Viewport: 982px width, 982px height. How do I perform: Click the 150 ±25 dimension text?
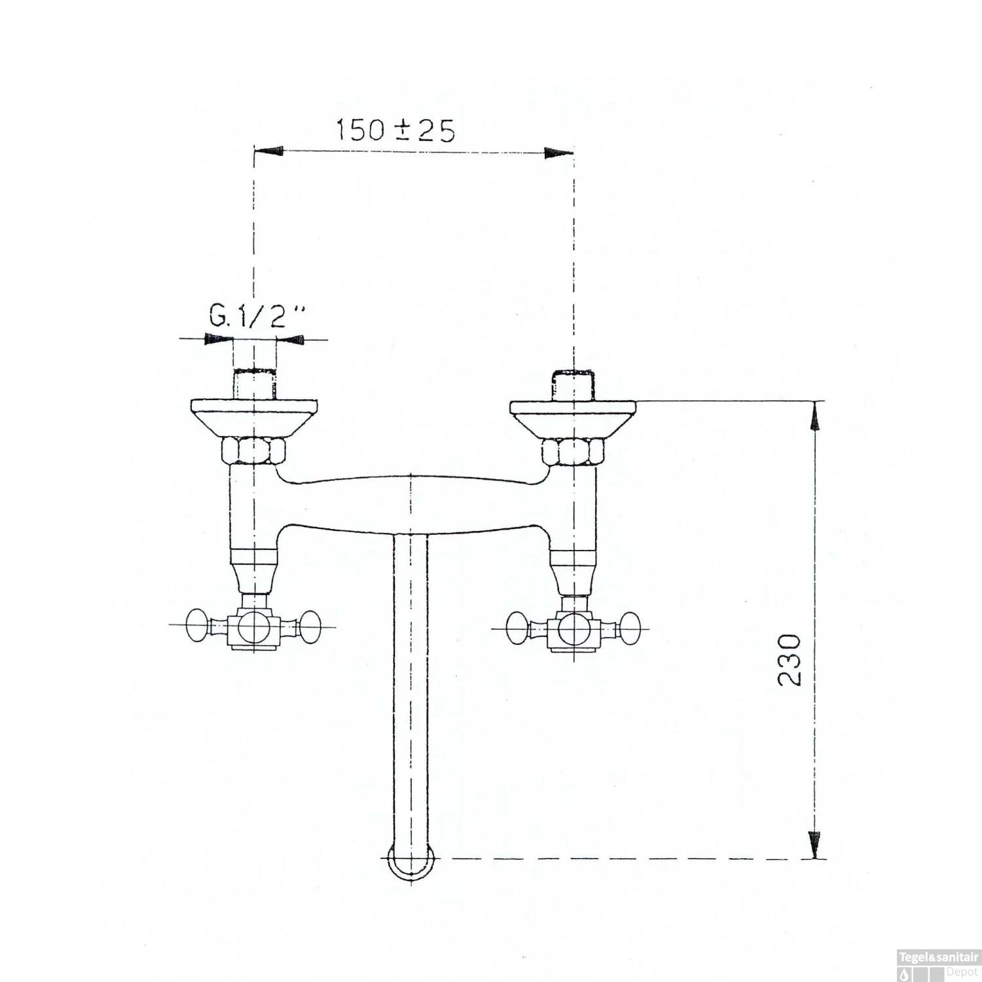(395, 130)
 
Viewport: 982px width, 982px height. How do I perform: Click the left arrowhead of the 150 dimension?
(268, 151)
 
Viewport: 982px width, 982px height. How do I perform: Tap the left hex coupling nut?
(254, 451)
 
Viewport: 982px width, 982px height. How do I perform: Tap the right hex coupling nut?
(573, 452)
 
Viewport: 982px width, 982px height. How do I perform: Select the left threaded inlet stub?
(254, 384)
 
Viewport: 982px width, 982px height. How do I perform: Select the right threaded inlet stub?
(573, 385)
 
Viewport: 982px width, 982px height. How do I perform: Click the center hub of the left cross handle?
(254, 628)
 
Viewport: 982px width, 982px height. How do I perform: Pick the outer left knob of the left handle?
(196, 626)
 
